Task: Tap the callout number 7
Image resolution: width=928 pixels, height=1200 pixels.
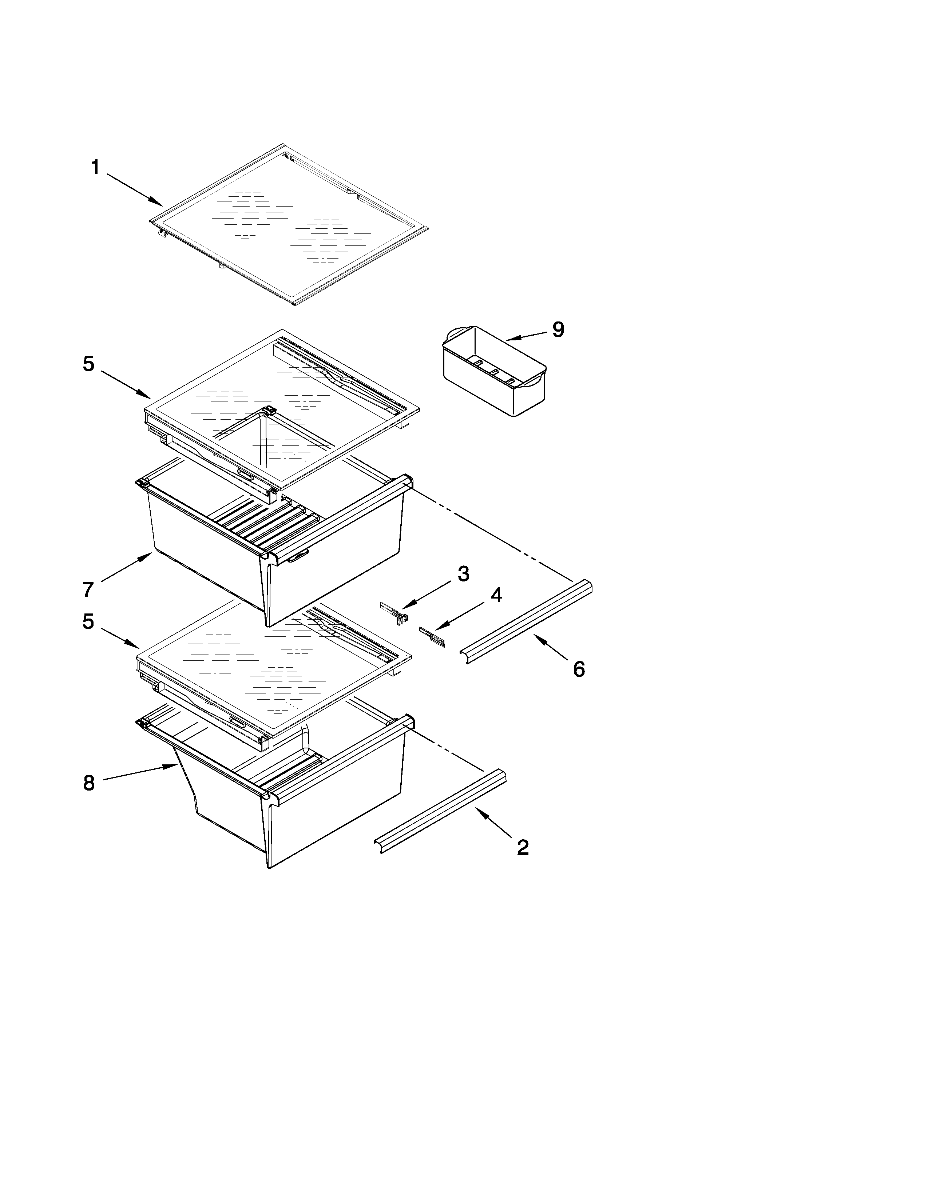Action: [88, 589]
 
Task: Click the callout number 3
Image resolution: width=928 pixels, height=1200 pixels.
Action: [463, 574]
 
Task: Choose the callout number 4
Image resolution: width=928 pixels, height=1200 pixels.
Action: [496, 595]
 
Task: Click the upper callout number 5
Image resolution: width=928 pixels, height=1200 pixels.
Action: [88, 364]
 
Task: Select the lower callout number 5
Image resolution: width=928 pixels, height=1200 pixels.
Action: [88, 621]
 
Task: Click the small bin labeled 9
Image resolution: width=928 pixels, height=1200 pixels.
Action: [495, 371]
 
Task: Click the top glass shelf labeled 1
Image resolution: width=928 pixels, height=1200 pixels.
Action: [289, 225]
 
